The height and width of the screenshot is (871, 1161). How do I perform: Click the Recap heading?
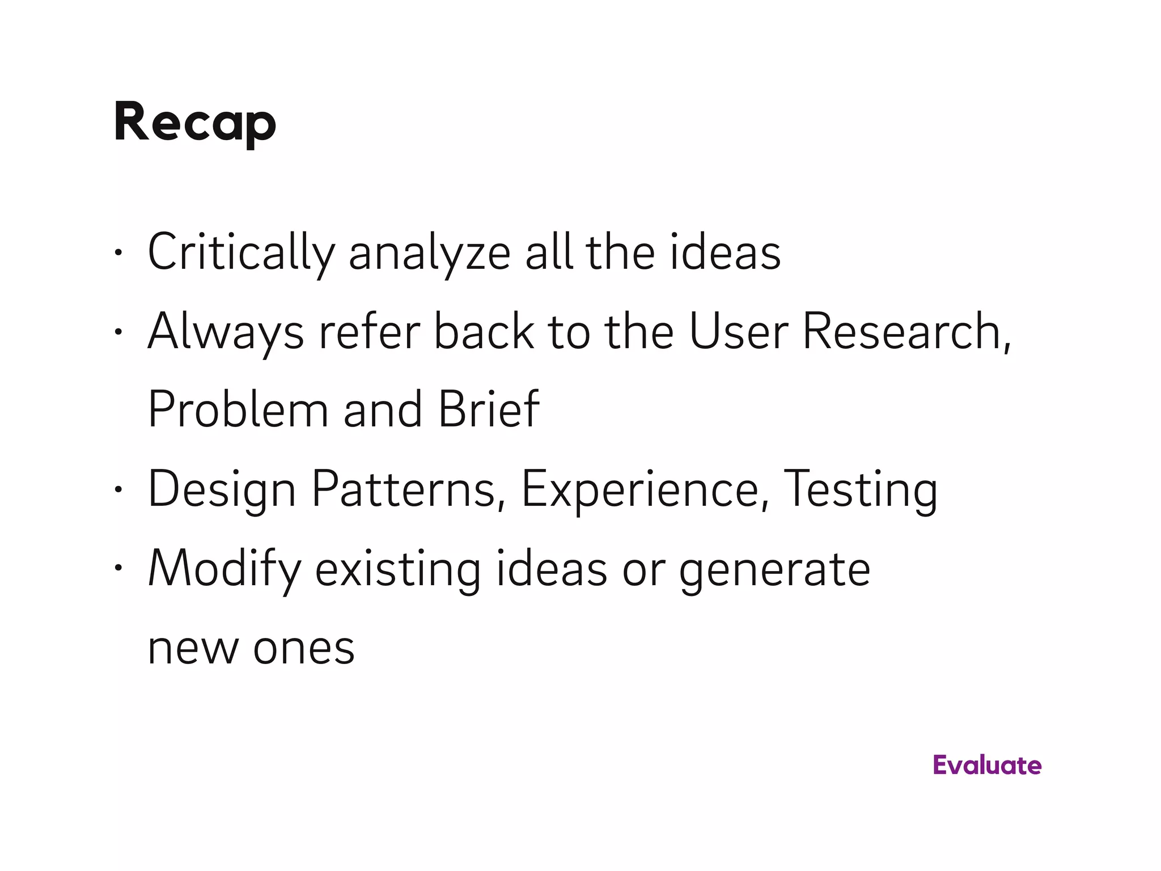pos(194,122)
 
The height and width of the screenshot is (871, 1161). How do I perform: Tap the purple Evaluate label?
pos(987,766)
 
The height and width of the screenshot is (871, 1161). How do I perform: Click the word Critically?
pos(241,253)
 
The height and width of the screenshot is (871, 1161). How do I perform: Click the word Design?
pos(222,490)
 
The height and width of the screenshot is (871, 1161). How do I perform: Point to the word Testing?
pos(860,490)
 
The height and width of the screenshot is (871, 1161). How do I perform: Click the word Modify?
pos(224,569)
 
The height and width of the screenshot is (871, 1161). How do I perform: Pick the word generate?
pos(774,569)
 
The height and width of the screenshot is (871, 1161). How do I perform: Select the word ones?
pos(304,649)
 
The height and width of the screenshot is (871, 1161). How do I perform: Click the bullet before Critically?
pos(118,253)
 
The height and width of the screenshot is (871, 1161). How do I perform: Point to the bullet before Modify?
pos(118,568)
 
